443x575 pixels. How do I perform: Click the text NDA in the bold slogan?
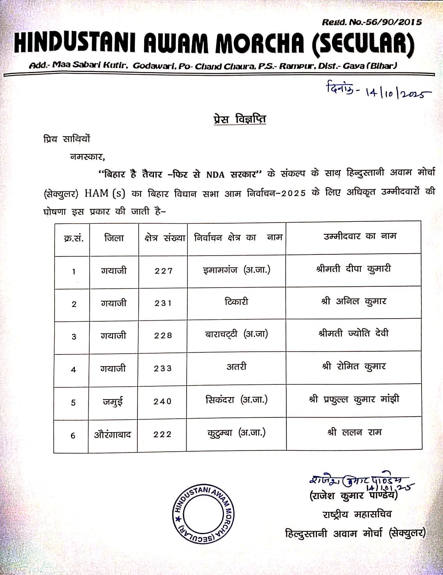pyautogui.click(x=215, y=174)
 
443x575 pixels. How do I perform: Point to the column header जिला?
pyautogui.click(x=114, y=238)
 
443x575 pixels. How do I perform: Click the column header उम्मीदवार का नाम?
pyautogui.click(x=360, y=236)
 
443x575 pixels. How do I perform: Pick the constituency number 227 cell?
pyautogui.click(x=163, y=271)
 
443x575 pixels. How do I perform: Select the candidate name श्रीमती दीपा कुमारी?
pyautogui.click(x=353, y=269)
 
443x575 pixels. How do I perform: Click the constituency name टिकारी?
pyautogui.click(x=236, y=302)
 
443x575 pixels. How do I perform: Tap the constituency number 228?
pyautogui.click(x=163, y=335)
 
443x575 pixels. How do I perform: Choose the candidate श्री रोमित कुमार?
pyautogui.click(x=353, y=366)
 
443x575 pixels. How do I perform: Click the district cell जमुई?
pyautogui.click(x=113, y=402)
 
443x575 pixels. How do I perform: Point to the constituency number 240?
pyautogui.click(x=162, y=401)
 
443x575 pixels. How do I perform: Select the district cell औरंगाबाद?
pyautogui.click(x=113, y=435)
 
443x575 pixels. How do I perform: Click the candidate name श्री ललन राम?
pyautogui.click(x=354, y=432)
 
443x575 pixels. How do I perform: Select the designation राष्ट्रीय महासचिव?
pyautogui.click(x=357, y=514)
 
